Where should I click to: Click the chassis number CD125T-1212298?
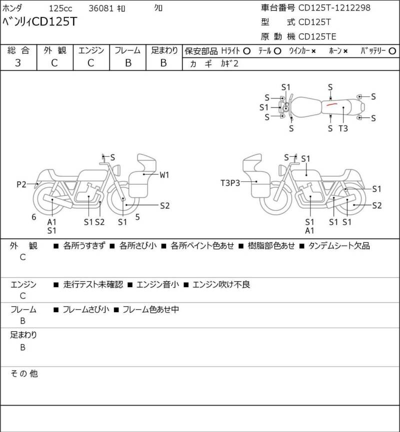point(334,7)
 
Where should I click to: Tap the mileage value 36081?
point(101,8)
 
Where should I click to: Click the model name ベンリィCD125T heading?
point(39,22)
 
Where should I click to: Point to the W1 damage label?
point(164,175)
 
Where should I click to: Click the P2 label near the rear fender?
point(21,184)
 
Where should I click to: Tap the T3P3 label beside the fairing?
point(230,183)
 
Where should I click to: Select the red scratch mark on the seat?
point(331,104)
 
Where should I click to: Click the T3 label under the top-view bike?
point(343,128)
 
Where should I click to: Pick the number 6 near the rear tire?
point(33,217)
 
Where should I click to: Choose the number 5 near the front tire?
point(137,217)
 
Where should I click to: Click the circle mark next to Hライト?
point(247,51)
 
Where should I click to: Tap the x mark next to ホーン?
point(345,51)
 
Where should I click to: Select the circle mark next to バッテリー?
point(392,51)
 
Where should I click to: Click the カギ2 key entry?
point(229,63)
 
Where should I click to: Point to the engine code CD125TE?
point(317,36)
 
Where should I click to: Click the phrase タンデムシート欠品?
point(339,246)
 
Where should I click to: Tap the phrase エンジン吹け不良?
point(221,284)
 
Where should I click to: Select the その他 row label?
point(24,373)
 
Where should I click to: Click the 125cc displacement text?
point(60,8)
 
